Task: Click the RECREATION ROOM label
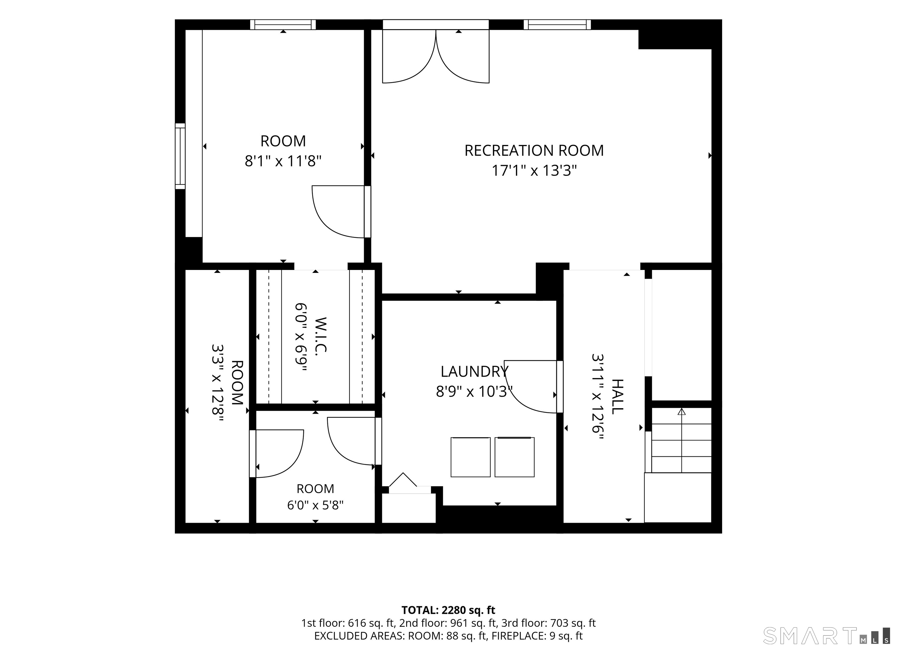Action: click(x=534, y=151)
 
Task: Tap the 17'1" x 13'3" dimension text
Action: click(x=534, y=171)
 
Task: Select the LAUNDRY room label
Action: click(x=474, y=372)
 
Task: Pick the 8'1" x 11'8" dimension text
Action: click(x=283, y=162)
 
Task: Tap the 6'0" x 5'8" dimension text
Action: click(x=315, y=505)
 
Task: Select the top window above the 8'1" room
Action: click(x=283, y=25)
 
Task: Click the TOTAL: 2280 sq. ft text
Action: click(x=448, y=610)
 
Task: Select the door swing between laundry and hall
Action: click(x=530, y=387)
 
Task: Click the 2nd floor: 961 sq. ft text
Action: click(x=448, y=623)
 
